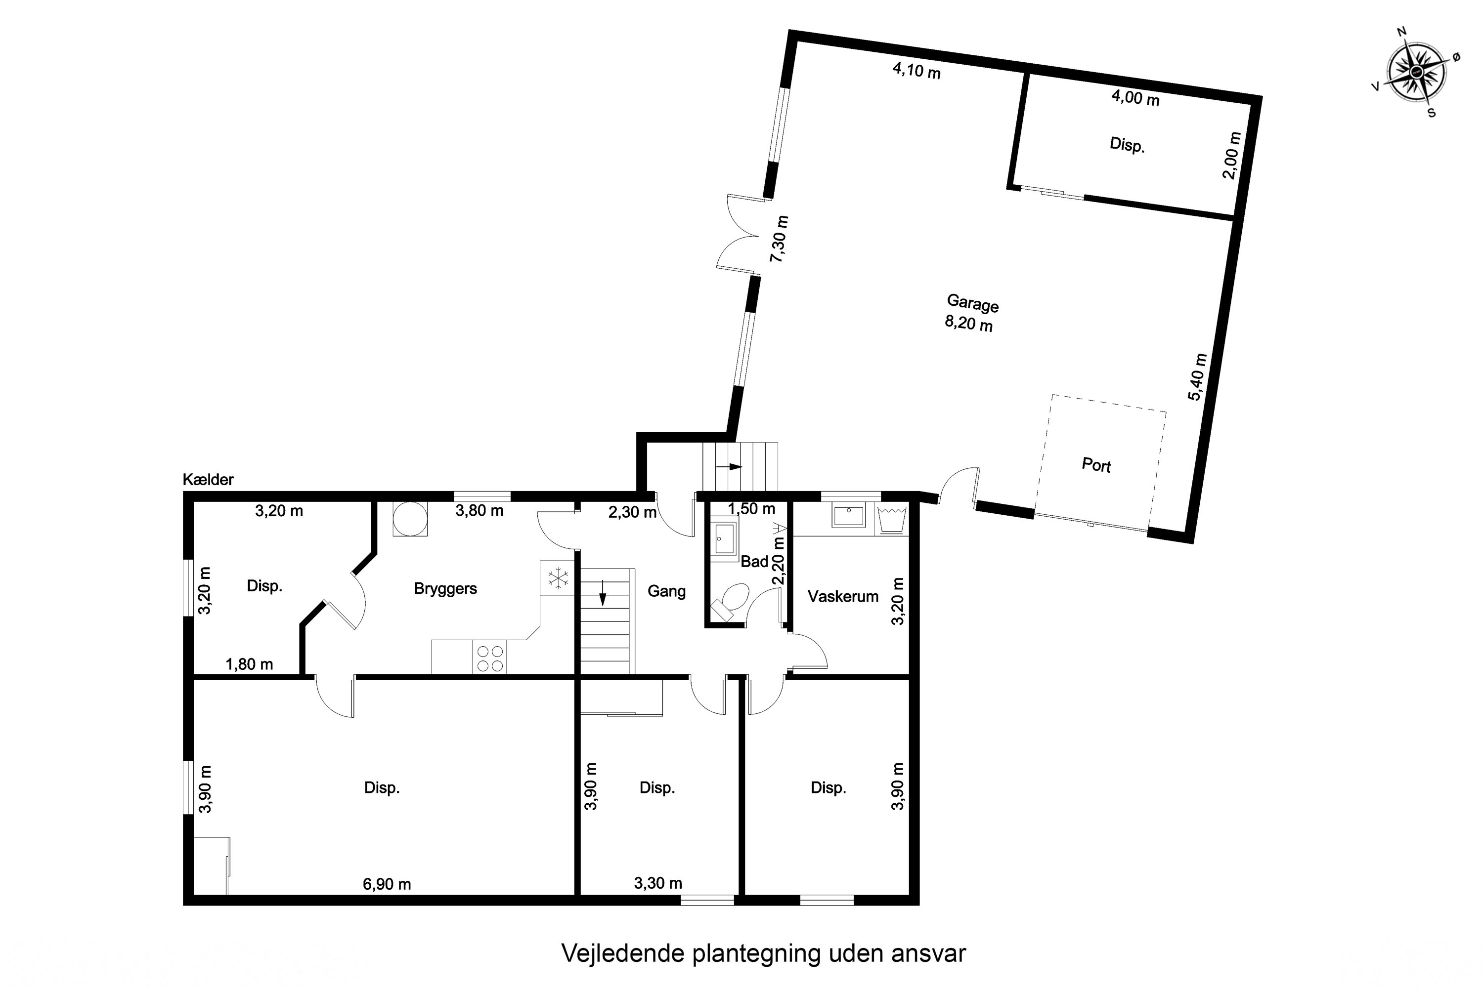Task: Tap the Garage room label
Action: point(972,304)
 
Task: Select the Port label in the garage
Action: point(1096,465)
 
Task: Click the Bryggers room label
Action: point(445,588)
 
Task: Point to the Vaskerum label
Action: point(843,596)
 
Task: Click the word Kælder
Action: point(208,480)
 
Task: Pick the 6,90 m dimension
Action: point(387,884)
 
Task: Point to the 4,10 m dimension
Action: point(916,71)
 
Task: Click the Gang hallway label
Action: point(666,591)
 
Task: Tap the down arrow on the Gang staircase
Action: point(603,593)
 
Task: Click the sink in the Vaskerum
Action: point(848,515)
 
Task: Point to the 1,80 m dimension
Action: point(249,664)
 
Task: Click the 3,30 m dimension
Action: point(657,883)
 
